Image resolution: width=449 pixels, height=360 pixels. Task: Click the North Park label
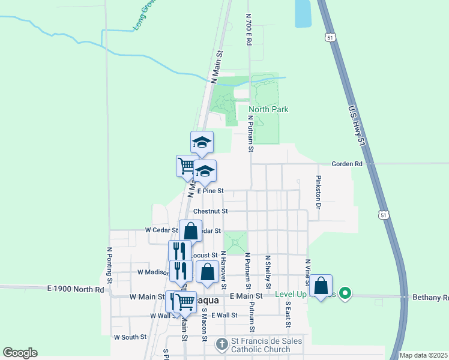pyautogui.click(x=268, y=109)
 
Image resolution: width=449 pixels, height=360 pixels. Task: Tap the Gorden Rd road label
pyautogui.click(x=348, y=164)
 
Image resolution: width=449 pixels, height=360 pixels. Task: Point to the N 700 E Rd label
pyautogui.click(x=248, y=30)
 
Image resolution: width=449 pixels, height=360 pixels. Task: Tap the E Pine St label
pyautogui.click(x=209, y=191)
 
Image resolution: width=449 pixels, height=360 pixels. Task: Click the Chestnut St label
pyautogui.click(x=210, y=211)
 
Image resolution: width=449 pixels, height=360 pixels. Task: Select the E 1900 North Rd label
pyautogui.click(x=75, y=289)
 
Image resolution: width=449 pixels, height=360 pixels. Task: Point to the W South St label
pyautogui.click(x=130, y=337)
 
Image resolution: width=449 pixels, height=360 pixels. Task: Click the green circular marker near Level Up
pyautogui.click(x=345, y=293)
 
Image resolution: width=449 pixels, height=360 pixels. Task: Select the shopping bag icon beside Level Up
pyautogui.click(x=321, y=286)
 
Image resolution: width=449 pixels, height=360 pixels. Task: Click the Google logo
pyautogui.click(x=20, y=353)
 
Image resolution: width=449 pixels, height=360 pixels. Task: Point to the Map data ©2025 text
pyautogui.click(x=423, y=355)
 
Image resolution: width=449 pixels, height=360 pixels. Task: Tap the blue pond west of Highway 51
pyautogui.click(x=303, y=13)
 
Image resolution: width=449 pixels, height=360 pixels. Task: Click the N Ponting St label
pyautogui.click(x=110, y=265)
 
